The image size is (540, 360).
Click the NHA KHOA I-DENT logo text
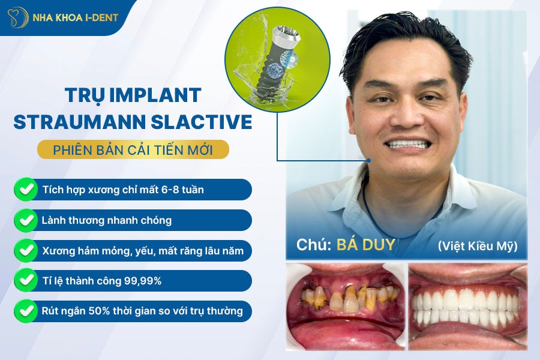pos(77,17)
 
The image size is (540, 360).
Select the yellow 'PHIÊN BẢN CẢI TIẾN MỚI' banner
pos(133,149)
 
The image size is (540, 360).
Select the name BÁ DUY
pos(366,245)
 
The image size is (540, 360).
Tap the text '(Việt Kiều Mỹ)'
pos(478,245)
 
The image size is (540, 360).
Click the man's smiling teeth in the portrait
pos(411,145)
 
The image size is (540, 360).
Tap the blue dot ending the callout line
pos(368,160)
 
